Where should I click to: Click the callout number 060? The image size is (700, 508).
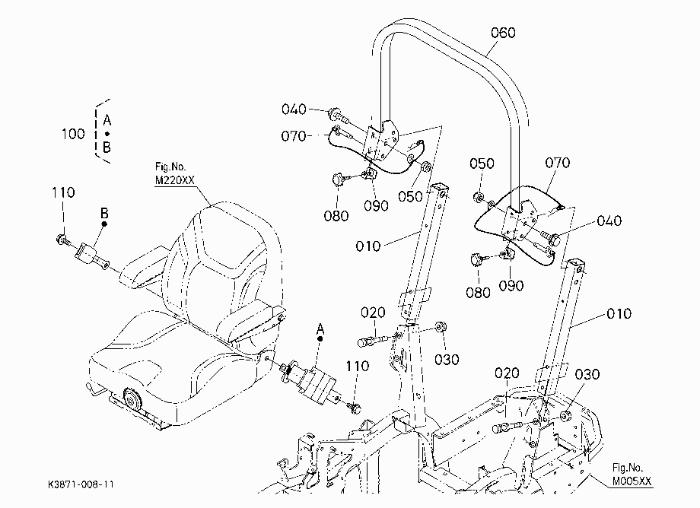click(x=503, y=33)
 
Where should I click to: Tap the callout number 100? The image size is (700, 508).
click(x=73, y=134)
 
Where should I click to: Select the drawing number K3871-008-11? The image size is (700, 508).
click(x=81, y=484)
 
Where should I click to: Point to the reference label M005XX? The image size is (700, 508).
click(x=632, y=481)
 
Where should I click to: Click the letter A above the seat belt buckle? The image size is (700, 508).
click(x=320, y=329)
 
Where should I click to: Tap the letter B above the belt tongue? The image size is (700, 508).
click(x=104, y=213)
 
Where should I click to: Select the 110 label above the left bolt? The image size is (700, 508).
click(x=63, y=192)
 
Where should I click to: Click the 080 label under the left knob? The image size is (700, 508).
click(x=336, y=216)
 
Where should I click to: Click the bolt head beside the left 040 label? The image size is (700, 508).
click(x=334, y=114)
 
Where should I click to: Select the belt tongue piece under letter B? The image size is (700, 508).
click(x=92, y=256)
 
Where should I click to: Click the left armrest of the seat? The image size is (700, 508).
click(x=144, y=266)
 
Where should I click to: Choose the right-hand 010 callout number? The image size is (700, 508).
click(x=619, y=313)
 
